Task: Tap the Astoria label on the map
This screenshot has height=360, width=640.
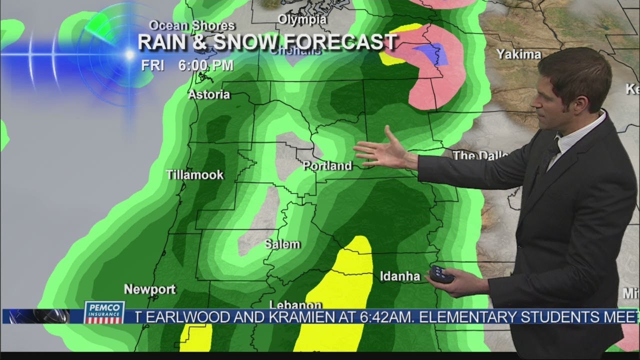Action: pyautogui.click(x=209, y=94)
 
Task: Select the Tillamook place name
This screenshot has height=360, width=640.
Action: pyautogui.click(x=195, y=175)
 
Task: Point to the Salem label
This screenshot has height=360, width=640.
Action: pyautogui.click(x=282, y=244)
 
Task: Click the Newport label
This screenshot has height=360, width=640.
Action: pyautogui.click(x=150, y=289)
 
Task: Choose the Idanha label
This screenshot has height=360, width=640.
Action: pyautogui.click(x=400, y=276)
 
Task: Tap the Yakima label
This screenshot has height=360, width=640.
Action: pyautogui.click(x=519, y=54)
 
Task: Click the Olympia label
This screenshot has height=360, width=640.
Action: pyautogui.click(x=302, y=19)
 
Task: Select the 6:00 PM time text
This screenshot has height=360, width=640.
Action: pyautogui.click(x=205, y=65)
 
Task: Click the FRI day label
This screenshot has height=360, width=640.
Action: pyautogui.click(x=152, y=65)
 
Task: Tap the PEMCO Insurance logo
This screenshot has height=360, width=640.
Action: pyautogui.click(x=104, y=312)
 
